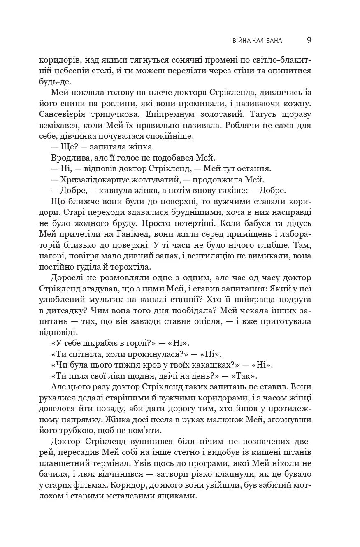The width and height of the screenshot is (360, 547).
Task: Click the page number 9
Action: pyautogui.click(x=309, y=40)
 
